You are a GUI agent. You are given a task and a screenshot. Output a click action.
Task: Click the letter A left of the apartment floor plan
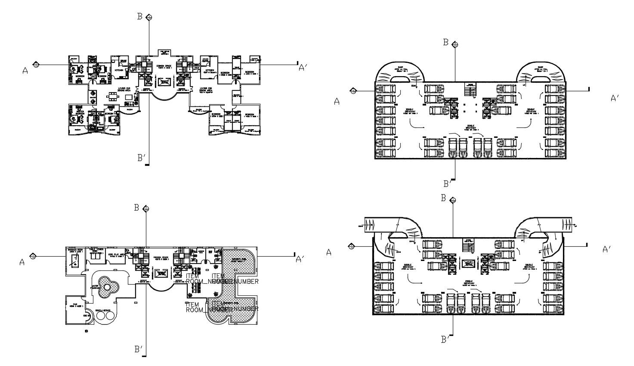coord(25,71)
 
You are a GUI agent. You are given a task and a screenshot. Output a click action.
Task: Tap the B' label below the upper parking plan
coord(448,184)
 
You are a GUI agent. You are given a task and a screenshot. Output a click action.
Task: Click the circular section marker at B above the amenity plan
coord(147,209)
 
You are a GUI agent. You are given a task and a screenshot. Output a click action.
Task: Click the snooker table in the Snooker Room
coord(75,260)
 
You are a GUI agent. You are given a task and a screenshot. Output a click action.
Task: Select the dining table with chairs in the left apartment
coord(113,96)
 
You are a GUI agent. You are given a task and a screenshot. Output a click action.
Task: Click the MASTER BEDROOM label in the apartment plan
coord(80,112)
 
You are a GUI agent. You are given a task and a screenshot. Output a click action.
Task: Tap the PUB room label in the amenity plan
coord(75,304)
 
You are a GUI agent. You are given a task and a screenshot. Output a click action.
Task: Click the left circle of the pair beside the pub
coord(101,316)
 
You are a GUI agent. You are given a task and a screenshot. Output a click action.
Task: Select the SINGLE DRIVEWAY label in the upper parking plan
coord(470,127)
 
